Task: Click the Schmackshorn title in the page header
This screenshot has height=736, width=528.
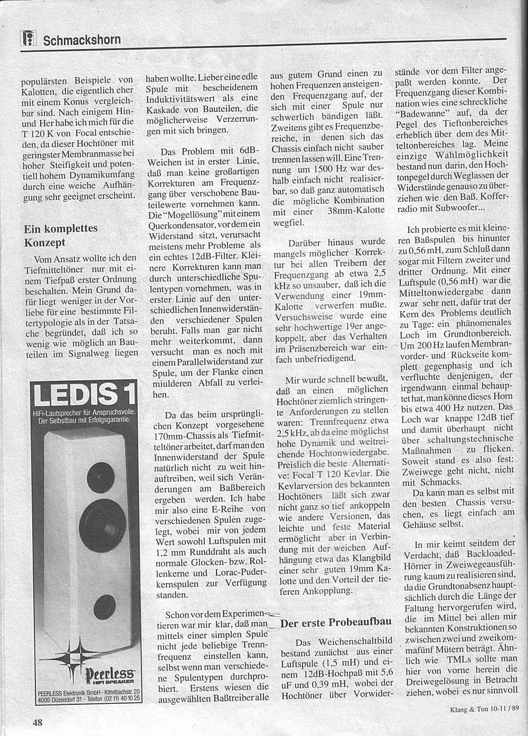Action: [x=82, y=40]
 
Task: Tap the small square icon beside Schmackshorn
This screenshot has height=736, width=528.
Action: [x=28, y=39]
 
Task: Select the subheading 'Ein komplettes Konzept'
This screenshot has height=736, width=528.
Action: [x=61, y=235]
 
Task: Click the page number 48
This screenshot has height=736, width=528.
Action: [x=37, y=722]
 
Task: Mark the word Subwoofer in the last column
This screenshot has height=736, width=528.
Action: [x=458, y=207]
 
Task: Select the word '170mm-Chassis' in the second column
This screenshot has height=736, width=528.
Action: [x=177, y=435]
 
